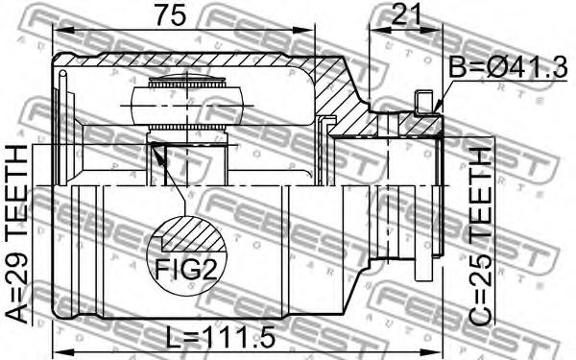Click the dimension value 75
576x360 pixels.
170,14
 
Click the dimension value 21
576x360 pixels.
405,14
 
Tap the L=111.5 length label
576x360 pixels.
220,337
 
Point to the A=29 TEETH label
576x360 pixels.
17,233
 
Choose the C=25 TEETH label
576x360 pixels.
480,237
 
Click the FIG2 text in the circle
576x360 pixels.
186,269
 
